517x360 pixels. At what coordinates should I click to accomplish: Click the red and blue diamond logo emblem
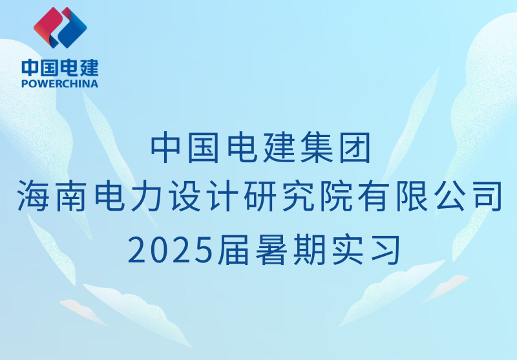(x=60, y=28)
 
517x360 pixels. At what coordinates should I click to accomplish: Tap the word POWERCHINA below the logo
(x=60, y=83)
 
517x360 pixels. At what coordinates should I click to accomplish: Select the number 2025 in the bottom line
(x=171, y=249)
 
